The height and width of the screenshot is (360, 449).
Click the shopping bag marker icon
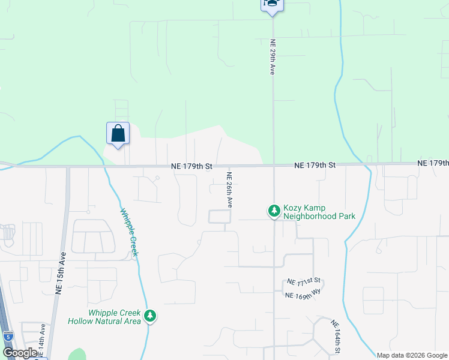[118, 133]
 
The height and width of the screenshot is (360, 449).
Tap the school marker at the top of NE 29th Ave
[272, 3]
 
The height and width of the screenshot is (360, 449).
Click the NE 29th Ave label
[272, 57]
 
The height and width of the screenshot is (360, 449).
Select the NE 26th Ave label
[229, 190]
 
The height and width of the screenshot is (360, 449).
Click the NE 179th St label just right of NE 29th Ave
[314, 164]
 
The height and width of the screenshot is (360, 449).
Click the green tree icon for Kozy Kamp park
[274, 211]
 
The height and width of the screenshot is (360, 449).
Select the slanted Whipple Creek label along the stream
[129, 232]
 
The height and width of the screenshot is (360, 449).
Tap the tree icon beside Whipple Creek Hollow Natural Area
[150, 316]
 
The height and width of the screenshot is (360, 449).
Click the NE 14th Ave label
[43, 338]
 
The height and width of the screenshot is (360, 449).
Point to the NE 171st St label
[305, 281]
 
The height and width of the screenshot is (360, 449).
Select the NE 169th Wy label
[304, 296]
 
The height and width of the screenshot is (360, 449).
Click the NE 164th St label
[336, 336]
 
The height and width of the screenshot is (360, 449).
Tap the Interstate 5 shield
[8, 337]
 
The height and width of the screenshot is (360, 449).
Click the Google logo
[20, 353]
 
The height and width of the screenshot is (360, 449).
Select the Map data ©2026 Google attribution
[412, 355]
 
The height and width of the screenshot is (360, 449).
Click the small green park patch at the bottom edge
[77, 355]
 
